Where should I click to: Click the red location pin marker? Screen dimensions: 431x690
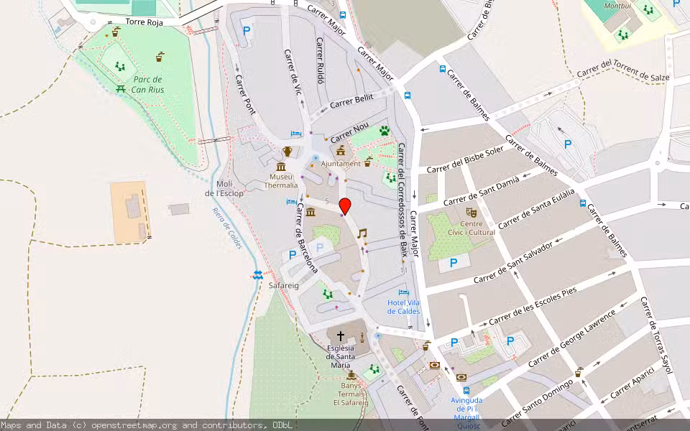tap(345, 205)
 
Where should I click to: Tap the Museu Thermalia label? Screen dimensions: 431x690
tap(280, 180)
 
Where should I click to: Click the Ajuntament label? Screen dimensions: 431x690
tap(341, 164)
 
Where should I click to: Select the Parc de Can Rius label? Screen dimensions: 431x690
tap(147, 85)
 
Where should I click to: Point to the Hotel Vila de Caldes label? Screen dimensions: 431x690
tap(403, 307)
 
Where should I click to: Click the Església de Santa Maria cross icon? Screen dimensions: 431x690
tap(341, 336)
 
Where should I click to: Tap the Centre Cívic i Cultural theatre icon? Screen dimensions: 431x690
tap(471, 213)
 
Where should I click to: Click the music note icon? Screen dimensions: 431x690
tap(362, 233)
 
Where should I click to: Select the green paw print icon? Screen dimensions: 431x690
tap(385, 131)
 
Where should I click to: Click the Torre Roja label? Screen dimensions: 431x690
tap(144, 22)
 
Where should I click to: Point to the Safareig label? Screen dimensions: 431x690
tap(283, 285)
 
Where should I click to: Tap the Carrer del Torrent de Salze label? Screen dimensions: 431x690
tap(623, 69)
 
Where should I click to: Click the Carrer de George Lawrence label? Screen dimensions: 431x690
tap(571, 338)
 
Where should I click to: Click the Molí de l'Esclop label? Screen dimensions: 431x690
tap(224, 188)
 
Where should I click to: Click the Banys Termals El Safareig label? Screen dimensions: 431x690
tap(351, 394)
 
